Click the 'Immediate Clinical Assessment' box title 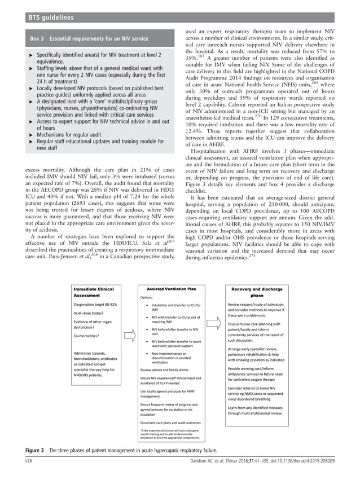(x=94, y=292)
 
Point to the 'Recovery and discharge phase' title (x=257, y=292)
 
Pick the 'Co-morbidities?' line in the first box (x=89, y=337)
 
